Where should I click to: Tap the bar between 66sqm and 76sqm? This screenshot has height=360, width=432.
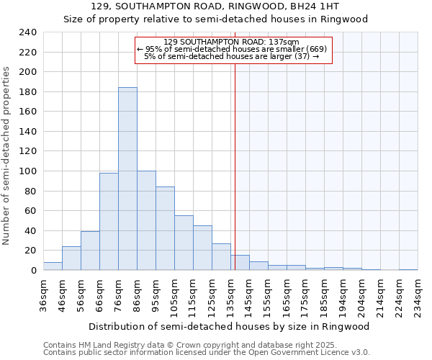point(109,222)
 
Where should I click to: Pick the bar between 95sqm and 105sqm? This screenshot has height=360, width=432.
point(165,229)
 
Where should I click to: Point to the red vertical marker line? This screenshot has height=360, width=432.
point(235,166)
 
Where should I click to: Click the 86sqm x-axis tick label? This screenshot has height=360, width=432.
point(137,293)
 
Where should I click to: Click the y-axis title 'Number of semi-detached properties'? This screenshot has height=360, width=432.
point(6,156)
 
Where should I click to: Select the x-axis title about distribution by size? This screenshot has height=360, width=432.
point(230,326)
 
